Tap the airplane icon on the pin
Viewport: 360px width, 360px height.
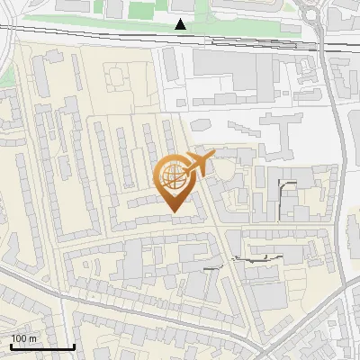pos(196,163)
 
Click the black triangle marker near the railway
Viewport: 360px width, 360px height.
pos(181,24)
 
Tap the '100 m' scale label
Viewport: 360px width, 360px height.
pos(23,338)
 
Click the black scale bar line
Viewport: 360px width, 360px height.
pos(42,346)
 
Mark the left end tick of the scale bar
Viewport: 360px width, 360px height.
pos(11,345)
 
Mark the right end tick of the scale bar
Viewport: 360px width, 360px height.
pos(74,345)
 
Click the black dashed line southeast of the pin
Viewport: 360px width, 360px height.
pos(256,258)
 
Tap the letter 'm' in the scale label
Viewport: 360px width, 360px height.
pos(32,338)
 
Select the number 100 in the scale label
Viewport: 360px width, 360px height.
pos(19,338)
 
